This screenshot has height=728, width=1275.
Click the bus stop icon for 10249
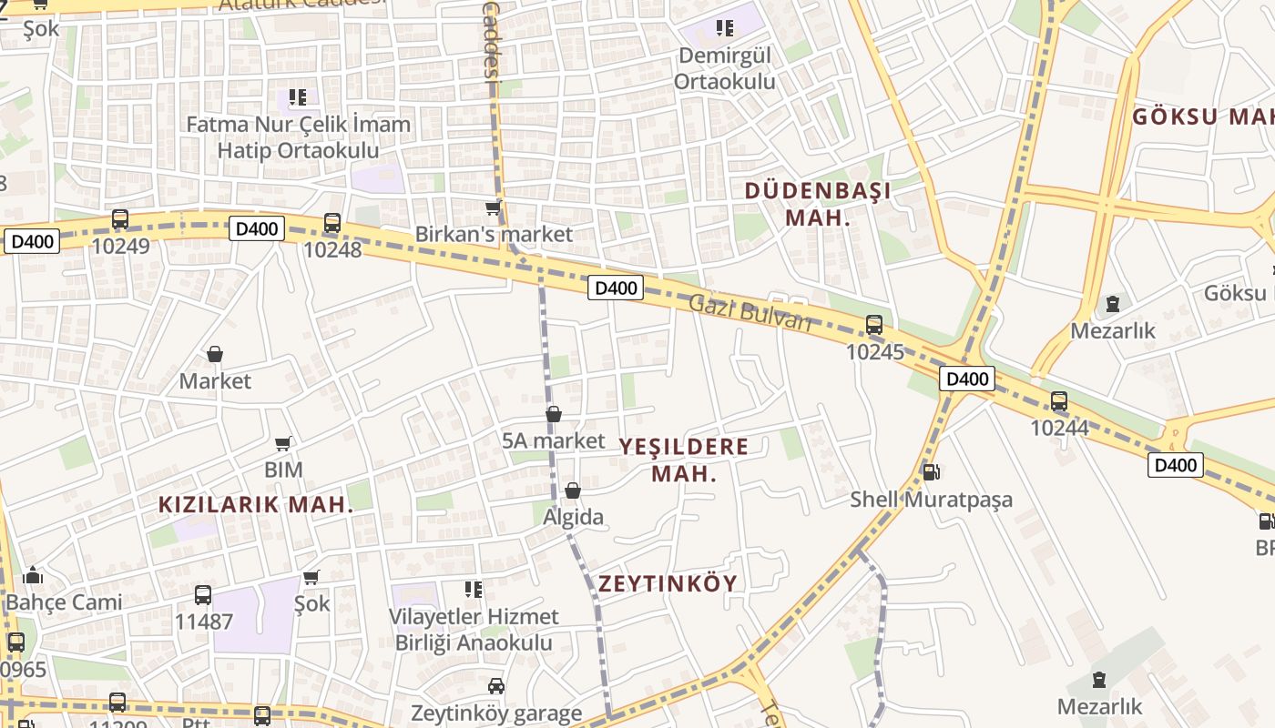(x=120, y=218)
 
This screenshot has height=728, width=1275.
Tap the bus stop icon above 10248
(x=332, y=222)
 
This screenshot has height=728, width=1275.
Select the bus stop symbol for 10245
(x=873, y=324)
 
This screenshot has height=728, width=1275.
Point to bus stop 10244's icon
(x=1058, y=400)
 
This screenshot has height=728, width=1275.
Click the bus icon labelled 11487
(x=203, y=595)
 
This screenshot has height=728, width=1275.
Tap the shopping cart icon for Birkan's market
(x=494, y=208)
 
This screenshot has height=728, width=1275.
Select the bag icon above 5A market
(x=553, y=415)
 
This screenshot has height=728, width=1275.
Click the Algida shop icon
(x=573, y=491)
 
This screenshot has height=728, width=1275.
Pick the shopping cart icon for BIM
(x=283, y=444)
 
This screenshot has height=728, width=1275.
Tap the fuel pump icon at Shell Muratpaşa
(x=930, y=472)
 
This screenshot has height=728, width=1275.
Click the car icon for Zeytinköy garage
(x=495, y=686)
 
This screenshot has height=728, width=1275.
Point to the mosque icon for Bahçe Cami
(x=33, y=575)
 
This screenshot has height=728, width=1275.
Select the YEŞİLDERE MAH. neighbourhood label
(x=684, y=460)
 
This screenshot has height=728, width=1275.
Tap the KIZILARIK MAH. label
(x=256, y=505)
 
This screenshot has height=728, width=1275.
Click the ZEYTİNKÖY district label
(x=668, y=583)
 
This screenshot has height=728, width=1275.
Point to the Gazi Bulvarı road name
(x=750, y=313)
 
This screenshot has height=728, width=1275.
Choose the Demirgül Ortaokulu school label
(x=724, y=68)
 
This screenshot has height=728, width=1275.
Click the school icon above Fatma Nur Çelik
(x=297, y=96)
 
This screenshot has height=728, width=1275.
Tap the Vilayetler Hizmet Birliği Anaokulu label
(x=474, y=629)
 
